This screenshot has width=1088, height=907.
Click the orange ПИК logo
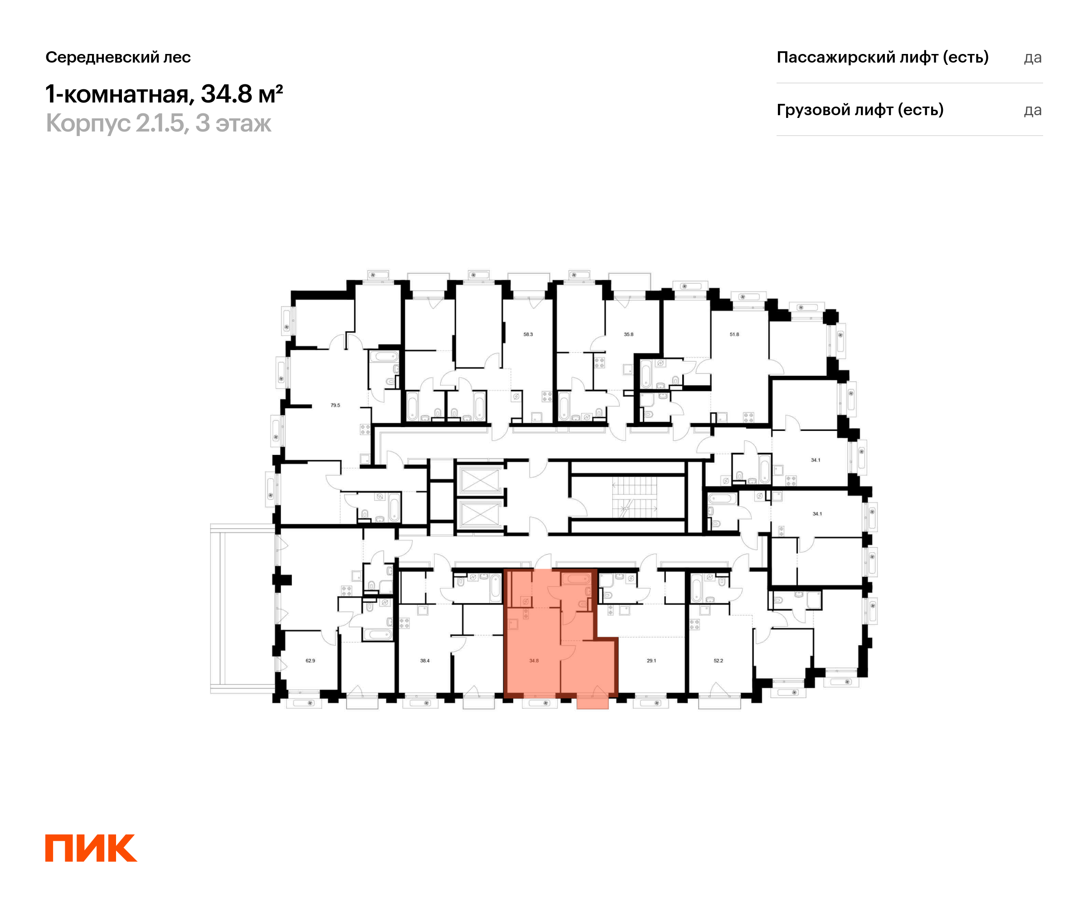click(91, 848)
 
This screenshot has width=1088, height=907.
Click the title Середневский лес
click(118, 57)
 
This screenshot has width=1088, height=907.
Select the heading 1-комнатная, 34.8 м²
click(164, 94)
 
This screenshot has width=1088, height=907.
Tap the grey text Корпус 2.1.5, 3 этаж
click(158, 123)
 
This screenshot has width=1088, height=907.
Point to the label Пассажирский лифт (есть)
click(882, 57)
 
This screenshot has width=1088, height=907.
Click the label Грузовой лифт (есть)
click(860, 110)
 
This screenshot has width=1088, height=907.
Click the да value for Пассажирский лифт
click(1032, 58)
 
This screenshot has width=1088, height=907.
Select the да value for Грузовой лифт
click(1032, 110)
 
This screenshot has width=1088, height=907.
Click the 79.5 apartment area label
click(335, 405)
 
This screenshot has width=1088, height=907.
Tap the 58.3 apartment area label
click(528, 334)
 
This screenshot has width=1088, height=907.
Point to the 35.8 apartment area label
click(628, 334)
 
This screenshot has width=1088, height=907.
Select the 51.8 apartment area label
click(734, 334)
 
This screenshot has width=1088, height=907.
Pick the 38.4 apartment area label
click(425, 661)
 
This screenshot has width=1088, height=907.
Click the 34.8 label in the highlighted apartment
click(534, 661)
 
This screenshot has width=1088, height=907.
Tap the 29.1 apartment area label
click(651, 661)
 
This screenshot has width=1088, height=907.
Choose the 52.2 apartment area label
click(718, 661)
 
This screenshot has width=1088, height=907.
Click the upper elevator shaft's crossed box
click(480, 480)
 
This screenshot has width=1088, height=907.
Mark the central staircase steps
click(634, 497)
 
